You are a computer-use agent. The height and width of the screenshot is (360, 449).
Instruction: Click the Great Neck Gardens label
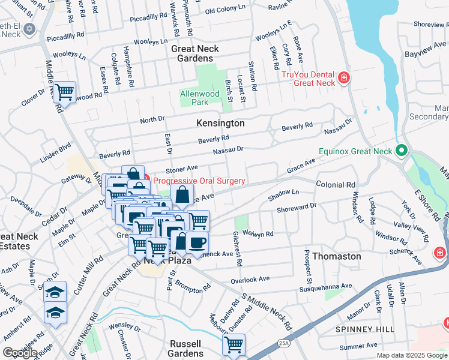(x=192, y=53)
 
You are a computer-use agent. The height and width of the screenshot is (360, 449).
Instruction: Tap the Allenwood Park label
(x=200, y=98)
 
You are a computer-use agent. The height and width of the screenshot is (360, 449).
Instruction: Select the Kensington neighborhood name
(x=220, y=123)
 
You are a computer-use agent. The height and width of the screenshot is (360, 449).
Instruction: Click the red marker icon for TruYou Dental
(x=343, y=77)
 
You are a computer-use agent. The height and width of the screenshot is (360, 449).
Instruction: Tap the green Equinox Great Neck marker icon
(x=402, y=151)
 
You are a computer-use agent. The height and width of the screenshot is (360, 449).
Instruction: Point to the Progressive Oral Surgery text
(x=199, y=181)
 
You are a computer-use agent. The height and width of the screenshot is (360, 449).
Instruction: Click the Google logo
(x=20, y=353)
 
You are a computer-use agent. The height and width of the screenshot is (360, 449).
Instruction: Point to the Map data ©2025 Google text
(x=411, y=355)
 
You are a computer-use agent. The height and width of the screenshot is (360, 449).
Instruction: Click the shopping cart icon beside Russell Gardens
(x=234, y=345)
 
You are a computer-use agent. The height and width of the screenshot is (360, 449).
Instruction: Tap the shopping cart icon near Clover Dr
(x=64, y=92)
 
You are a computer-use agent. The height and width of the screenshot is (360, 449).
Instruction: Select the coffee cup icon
(x=196, y=242)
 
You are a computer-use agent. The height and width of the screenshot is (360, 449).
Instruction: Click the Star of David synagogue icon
(x=29, y=29)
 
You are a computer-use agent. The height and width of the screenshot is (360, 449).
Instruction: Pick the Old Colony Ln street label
(x=226, y=11)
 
